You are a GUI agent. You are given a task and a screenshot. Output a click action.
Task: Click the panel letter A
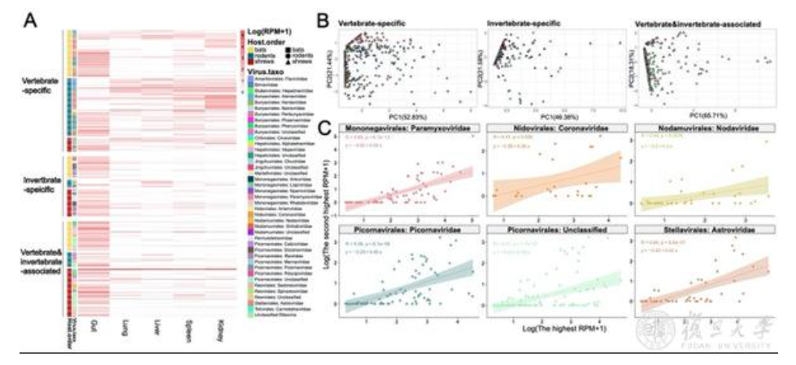click(32, 17)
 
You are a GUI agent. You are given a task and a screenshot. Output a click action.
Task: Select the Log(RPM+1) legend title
click(268, 32)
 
